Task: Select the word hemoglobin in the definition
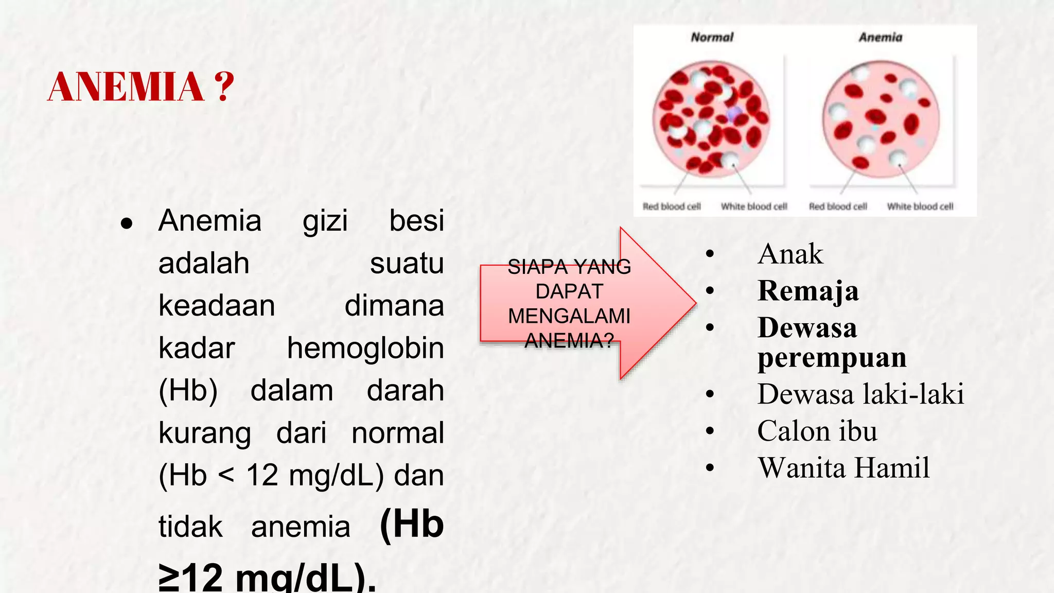(365, 348)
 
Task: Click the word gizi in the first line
(325, 221)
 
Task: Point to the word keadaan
(217, 305)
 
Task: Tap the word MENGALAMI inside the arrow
(569, 316)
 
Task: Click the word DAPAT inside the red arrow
(569, 291)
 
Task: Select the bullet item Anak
(790, 254)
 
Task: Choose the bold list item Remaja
(808, 291)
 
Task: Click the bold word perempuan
(832, 357)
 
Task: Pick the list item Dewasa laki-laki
(860, 394)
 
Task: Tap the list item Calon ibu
(817, 431)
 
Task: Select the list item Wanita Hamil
(844, 468)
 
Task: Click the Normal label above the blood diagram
(712, 37)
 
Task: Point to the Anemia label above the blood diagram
(880, 37)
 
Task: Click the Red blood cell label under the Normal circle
(672, 206)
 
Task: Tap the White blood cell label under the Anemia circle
(920, 206)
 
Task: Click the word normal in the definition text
(397, 433)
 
